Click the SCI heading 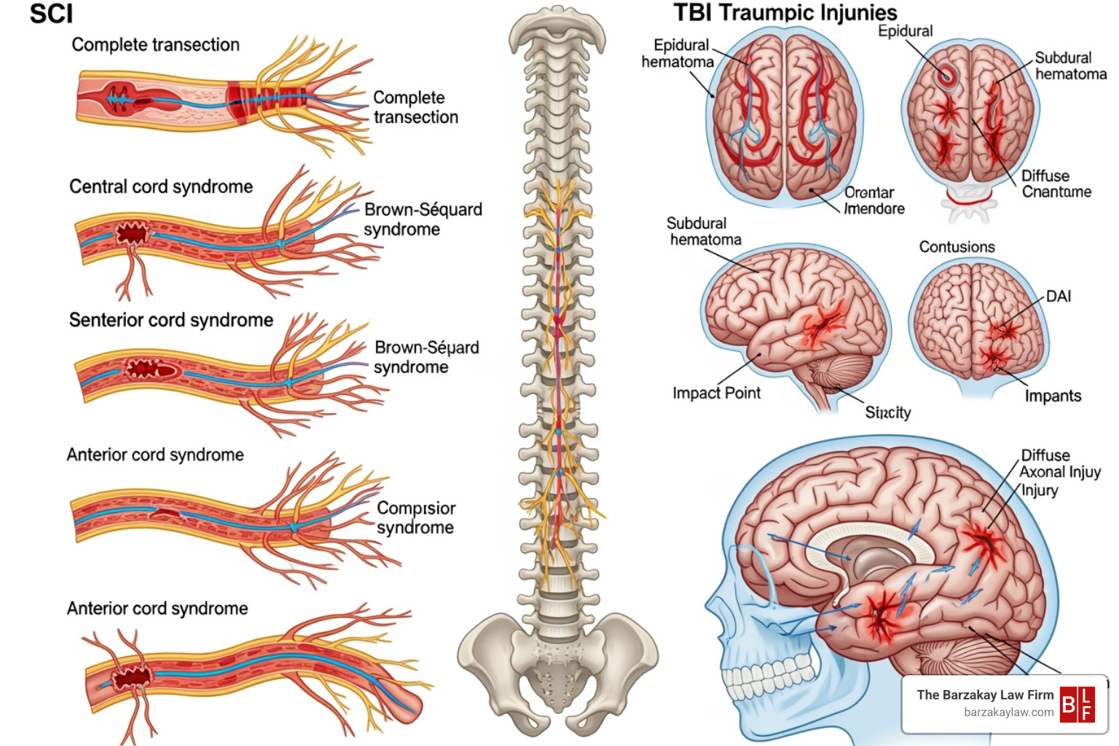tap(51, 14)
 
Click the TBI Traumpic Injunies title tap(785, 12)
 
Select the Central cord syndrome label tap(161, 186)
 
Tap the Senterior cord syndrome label tap(170, 320)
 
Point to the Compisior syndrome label tap(416, 517)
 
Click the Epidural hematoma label tap(678, 53)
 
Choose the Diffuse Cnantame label tap(1056, 184)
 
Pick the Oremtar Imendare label tap(873, 200)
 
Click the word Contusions tap(957, 247)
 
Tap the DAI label tap(1059, 296)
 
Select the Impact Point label tap(716, 393)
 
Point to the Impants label tap(1053, 396)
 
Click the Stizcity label tap(887, 412)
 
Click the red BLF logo tap(1077, 704)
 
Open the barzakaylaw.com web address tap(1008, 712)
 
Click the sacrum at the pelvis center tap(557, 667)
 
